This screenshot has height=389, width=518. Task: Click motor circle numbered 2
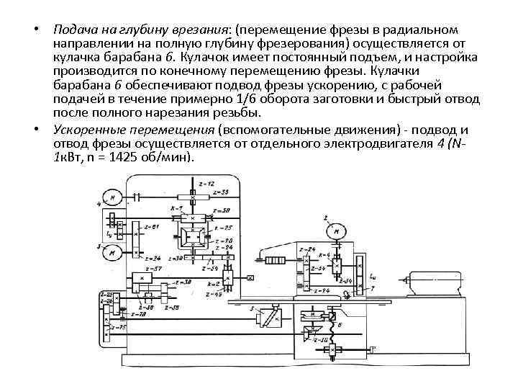coord(335,232)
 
